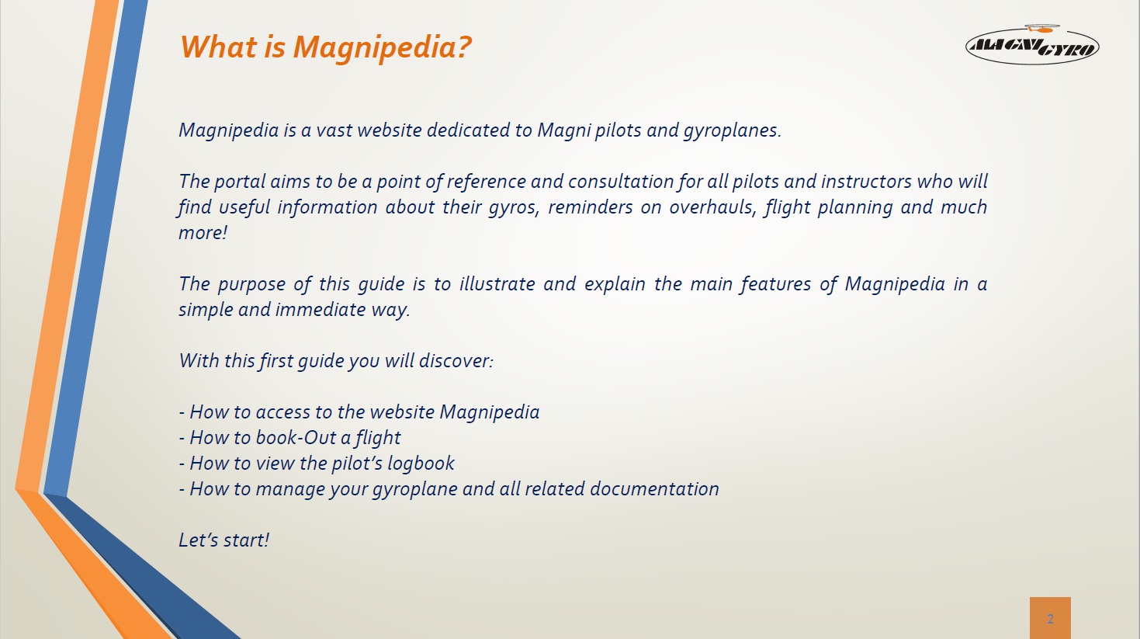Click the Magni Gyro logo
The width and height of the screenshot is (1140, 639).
pos(1032,45)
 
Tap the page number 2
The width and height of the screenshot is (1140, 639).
pos(1050,619)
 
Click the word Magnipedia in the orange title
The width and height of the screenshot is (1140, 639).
pos(383,48)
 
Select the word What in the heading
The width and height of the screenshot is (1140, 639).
pos(219,47)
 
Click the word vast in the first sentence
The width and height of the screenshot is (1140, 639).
pos(334,131)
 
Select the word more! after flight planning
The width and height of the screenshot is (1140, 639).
pos(203,233)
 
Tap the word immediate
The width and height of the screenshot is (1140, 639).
pos(321,310)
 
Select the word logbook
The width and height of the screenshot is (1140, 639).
pos(421,464)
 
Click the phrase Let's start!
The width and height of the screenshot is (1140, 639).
pos(224,540)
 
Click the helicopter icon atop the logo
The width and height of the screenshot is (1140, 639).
pos(1041,28)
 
